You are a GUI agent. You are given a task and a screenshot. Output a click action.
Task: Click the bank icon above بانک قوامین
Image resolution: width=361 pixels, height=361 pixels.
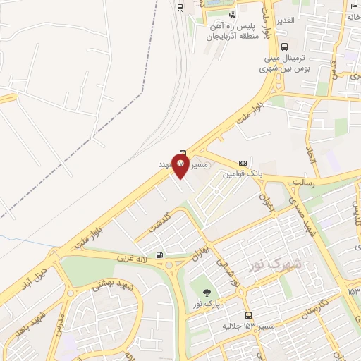point(243,161)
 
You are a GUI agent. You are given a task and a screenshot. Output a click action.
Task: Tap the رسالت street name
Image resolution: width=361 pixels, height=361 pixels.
point(305,182)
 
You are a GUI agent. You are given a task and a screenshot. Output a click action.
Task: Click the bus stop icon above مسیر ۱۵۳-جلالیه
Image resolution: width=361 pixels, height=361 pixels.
point(248,315)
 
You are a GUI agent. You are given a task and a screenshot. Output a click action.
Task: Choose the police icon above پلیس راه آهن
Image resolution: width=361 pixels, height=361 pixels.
point(233,15)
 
